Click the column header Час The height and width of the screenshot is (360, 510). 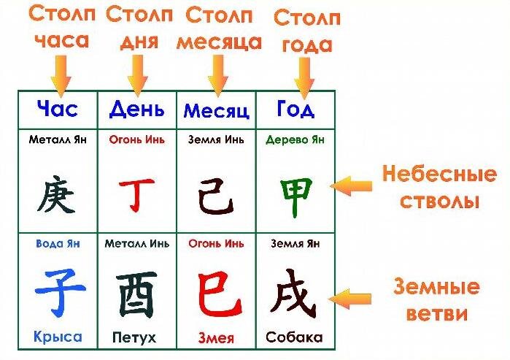click(x=57, y=110)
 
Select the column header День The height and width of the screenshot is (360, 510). click(x=136, y=110)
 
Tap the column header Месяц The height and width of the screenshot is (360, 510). click(x=216, y=111)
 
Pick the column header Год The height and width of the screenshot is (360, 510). click(x=295, y=110)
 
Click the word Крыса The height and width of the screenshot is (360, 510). click(x=57, y=337)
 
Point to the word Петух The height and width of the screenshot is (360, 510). click(x=134, y=338)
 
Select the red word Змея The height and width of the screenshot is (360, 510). click(x=216, y=338)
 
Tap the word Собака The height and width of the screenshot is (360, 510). click(x=294, y=338)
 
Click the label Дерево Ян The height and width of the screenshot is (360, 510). click(x=295, y=139)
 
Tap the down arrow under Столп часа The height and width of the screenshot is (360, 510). click(x=61, y=72)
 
